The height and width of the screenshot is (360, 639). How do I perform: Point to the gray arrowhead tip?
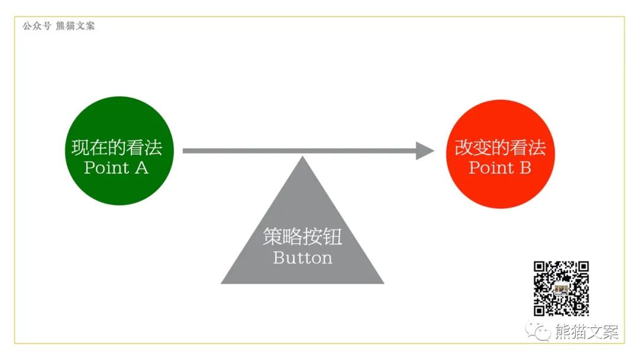(x=434, y=151)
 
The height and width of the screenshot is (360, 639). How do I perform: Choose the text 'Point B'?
(x=500, y=168)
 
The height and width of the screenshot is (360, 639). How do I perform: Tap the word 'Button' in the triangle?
(x=302, y=258)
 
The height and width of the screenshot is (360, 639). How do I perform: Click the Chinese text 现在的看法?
(x=116, y=147)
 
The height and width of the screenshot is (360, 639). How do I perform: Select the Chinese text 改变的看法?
(x=500, y=147)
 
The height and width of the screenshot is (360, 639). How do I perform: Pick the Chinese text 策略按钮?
(x=302, y=237)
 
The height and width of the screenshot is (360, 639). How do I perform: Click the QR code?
(x=561, y=288)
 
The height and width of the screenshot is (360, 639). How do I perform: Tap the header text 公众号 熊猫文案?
(x=59, y=26)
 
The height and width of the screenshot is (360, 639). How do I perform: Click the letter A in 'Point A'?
(x=141, y=168)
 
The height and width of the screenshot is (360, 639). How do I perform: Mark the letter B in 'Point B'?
(x=525, y=168)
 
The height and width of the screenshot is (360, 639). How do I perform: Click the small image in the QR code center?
(x=561, y=289)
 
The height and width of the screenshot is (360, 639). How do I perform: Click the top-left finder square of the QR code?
(x=540, y=268)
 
